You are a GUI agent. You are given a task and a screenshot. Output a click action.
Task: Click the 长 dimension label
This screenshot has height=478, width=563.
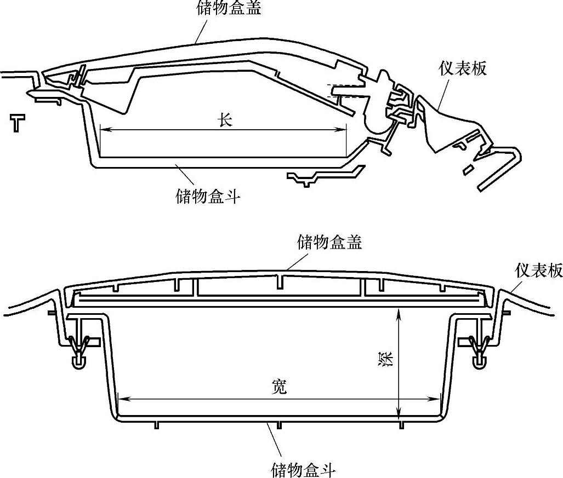tap(225, 120)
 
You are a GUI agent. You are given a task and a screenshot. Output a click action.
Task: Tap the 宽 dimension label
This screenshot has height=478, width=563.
tap(279, 387)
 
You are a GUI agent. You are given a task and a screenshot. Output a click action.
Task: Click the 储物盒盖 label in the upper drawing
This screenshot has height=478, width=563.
tap(229, 8)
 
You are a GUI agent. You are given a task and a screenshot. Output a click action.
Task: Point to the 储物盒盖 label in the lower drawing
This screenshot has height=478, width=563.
tap(329, 242)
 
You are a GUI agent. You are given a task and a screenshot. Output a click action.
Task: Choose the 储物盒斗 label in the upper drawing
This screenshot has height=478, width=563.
tap(208, 197)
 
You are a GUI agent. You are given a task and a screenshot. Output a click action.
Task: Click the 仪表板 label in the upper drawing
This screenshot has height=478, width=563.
tap(463, 68)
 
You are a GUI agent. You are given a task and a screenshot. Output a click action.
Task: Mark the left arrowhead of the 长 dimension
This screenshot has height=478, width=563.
tap(104, 130)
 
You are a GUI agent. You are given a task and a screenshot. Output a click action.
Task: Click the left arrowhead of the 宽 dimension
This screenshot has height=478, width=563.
tap(123, 399)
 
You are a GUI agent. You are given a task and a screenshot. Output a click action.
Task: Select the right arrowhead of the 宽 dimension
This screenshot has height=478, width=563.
tap(435, 399)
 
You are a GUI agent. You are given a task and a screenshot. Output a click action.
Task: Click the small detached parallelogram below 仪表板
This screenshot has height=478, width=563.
tap(468, 170)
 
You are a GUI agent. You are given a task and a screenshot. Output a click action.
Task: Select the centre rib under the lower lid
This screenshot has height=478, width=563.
tap(280, 281)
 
